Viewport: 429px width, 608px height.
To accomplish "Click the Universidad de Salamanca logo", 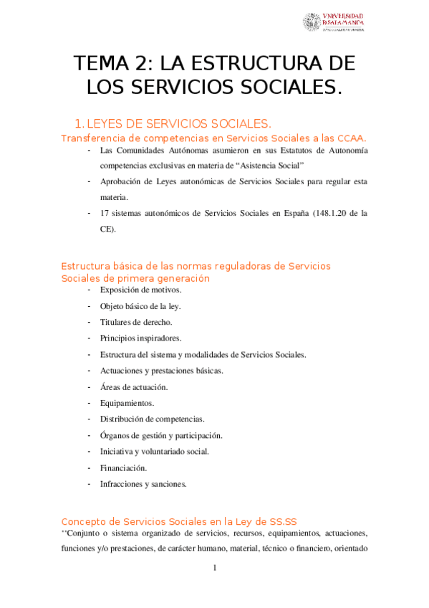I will point(333,22).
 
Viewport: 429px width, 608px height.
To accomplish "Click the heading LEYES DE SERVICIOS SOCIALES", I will point(178,123).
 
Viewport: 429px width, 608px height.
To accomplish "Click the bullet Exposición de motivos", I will point(141,290).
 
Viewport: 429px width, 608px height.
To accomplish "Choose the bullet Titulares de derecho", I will point(136,322).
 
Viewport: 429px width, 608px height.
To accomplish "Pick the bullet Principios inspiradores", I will point(141,338).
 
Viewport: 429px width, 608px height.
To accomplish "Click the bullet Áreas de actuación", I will point(134,386).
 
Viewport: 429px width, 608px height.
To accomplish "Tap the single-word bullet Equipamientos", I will point(127,403).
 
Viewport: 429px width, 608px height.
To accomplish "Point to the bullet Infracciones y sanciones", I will point(143,484).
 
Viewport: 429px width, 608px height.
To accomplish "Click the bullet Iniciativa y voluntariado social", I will point(155,452).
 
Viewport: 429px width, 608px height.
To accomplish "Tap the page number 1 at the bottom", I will point(214,569).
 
